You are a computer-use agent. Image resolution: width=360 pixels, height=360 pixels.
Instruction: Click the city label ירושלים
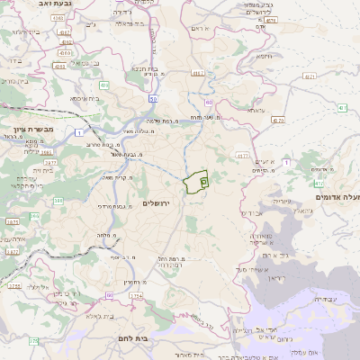point(163,204)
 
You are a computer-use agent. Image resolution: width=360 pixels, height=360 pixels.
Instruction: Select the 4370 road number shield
point(277,120)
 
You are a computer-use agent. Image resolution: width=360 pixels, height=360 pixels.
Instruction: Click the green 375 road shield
point(33,341)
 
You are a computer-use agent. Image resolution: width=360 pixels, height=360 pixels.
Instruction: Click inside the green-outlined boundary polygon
point(195,183)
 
